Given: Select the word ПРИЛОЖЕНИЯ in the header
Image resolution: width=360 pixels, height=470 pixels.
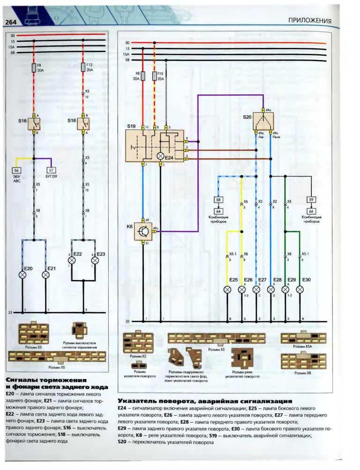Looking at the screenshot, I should point(309,21).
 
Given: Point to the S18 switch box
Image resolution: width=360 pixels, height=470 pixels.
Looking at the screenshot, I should point(83,124).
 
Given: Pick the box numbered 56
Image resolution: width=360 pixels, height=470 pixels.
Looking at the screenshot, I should point(17,170).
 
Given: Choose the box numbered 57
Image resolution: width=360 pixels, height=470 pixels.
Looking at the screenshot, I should point(52,170).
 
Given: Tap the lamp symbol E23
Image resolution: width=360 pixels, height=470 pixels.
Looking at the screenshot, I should point(95,259).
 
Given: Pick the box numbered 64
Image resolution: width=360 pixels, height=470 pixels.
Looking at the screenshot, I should point(218,211).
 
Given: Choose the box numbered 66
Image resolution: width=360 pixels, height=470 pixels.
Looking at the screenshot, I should point(312,211).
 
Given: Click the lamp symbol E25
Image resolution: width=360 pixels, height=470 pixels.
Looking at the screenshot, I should point(227,289).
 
